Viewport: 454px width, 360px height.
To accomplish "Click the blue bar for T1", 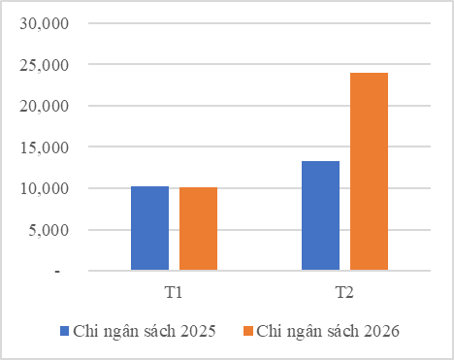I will [149, 228].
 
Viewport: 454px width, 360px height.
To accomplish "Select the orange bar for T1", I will [198, 229].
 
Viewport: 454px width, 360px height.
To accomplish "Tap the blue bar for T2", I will [320, 215].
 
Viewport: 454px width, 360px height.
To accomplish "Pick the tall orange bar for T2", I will [369, 172].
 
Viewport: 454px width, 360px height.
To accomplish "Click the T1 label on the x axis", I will [175, 291].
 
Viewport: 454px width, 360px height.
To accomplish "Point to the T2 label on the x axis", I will [344, 291].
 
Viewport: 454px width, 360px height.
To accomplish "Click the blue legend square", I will [65, 331].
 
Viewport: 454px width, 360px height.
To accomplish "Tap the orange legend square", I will [248, 331].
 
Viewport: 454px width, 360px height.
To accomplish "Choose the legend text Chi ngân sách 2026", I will [328, 331].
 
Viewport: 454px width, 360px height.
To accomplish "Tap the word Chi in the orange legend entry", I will [269, 331].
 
